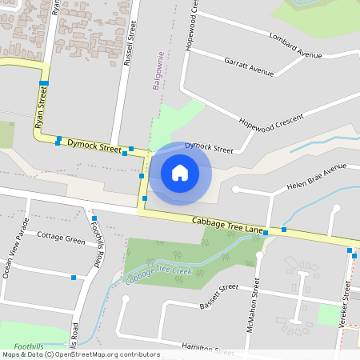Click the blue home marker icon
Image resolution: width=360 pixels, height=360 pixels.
pos(180,173)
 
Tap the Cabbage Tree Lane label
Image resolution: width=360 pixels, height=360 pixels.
pos(227,225)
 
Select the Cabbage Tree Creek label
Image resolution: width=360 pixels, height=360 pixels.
pos(158,275)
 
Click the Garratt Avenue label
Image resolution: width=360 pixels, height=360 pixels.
pos(249,66)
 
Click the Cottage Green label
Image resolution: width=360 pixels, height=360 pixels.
pos(61,238)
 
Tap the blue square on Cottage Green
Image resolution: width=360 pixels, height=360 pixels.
pos(74,278)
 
